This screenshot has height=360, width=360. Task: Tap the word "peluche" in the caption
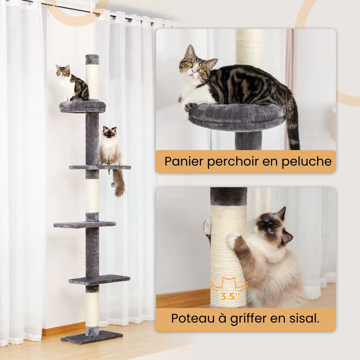(309, 161)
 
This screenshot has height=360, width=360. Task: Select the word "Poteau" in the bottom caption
(191, 318)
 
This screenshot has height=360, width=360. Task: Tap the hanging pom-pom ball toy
(113, 184)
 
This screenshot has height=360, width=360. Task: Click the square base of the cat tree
(91, 338)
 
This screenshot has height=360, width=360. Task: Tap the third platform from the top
(85, 224)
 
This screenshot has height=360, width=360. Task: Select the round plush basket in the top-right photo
(238, 117)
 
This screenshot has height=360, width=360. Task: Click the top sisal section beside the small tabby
(93, 81)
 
